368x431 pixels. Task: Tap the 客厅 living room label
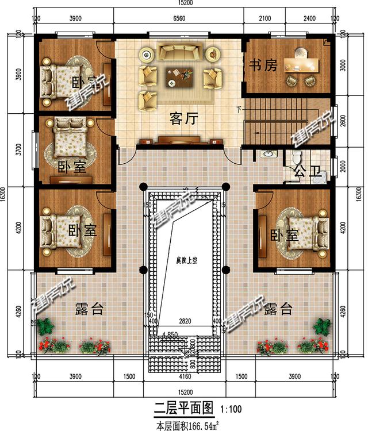(x=184, y=118)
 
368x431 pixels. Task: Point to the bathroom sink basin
(x=267, y=154)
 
